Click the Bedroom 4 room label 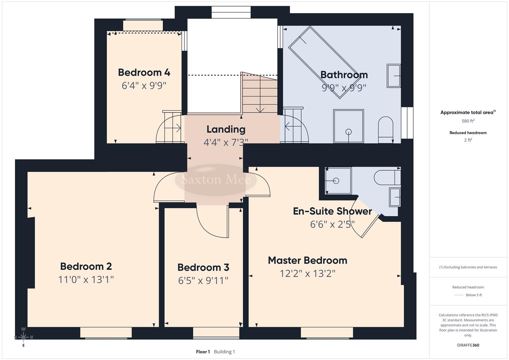coord(144,72)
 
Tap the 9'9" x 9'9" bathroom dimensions coord(344,88)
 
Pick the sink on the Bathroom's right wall coord(394,76)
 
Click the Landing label coord(226,129)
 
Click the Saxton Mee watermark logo coord(216,180)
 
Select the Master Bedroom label coord(307,260)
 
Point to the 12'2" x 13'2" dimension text coord(307,274)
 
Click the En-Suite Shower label coord(332,211)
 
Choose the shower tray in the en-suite coord(338,181)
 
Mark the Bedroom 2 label coord(86,266)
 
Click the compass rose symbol coord(23,337)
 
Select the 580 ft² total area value coord(468,121)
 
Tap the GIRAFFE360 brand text coord(468,345)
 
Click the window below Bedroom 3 coord(216,333)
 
